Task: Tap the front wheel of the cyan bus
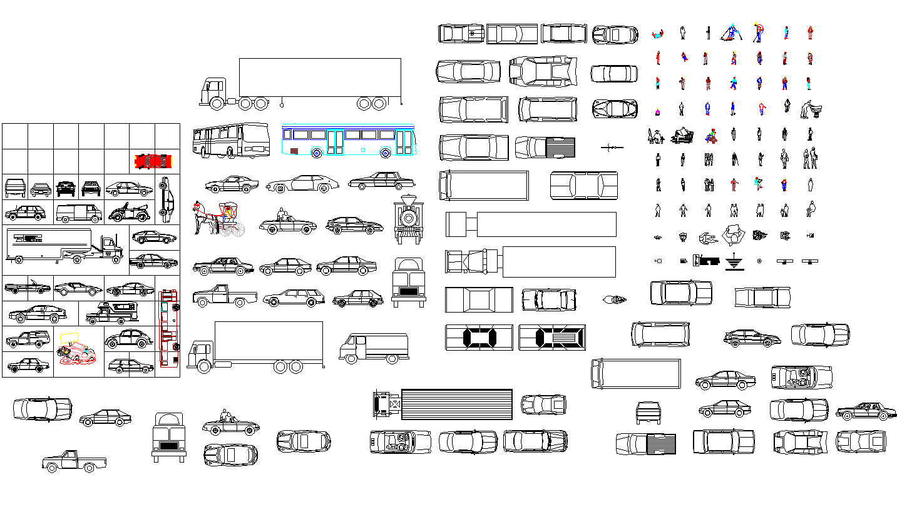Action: (317, 152)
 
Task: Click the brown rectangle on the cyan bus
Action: (295, 151)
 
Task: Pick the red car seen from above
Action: (153, 161)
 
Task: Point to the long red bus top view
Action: (168, 328)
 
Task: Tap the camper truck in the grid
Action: (111, 313)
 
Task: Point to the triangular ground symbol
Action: (732, 262)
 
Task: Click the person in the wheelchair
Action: (710, 135)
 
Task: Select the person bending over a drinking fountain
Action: (811, 109)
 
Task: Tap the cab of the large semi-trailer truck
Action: (211, 94)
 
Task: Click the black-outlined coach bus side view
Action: (230, 141)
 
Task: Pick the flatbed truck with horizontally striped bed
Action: (443, 404)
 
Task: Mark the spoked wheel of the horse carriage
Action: (237, 230)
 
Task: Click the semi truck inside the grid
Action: (64, 244)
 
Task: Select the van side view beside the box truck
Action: (374, 348)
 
